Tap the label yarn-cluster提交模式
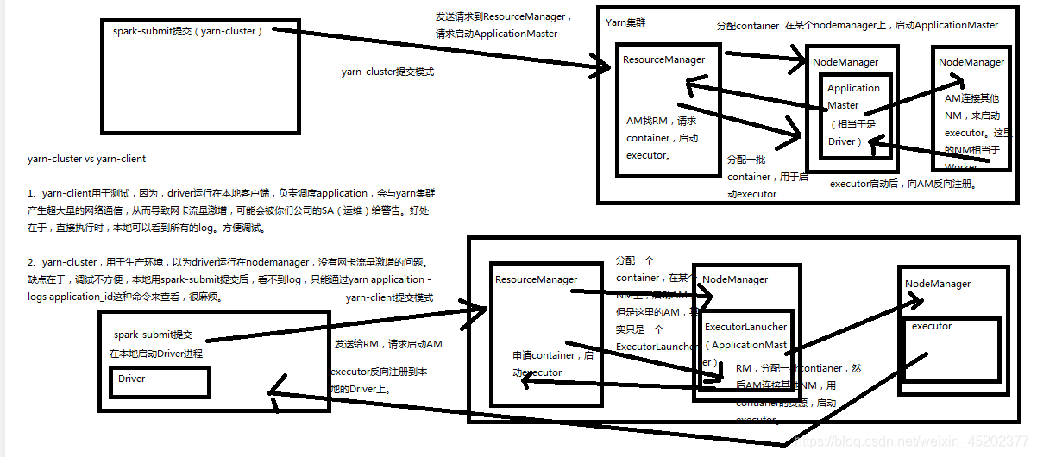[x=387, y=72]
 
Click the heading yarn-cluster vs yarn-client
[x=86, y=159]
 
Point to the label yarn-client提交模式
[x=389, y=297]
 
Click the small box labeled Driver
[x=132, y=379]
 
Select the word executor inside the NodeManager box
[x=932, y=326]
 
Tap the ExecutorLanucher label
[x=745, y=327]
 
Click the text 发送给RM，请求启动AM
[x=388, y=344]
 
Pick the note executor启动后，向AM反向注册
[x=902, y=184]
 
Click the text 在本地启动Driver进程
[x=158, y=354]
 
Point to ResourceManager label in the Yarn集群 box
[x=663, y=59]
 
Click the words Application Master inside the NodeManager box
[x=853, y=97]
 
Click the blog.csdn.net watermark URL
[x=914, y=440]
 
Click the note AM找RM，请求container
[x=661, y=129]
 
